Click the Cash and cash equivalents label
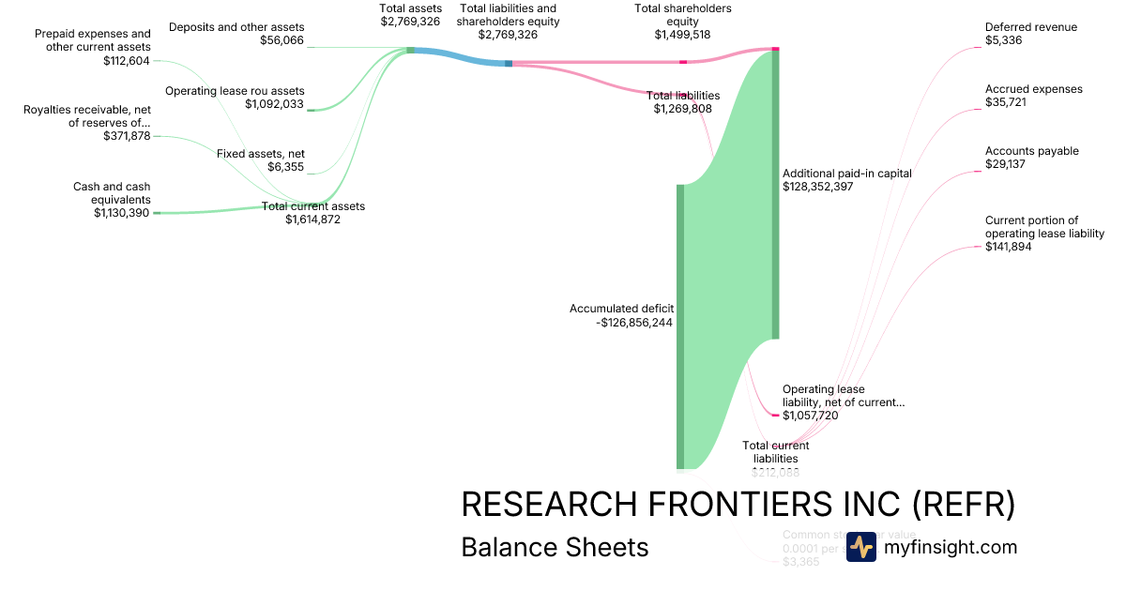click(x=112, y=193)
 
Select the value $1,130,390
click(x=121, y=213)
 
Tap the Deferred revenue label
click(x=1031, y=27)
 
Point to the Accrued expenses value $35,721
click(x=1006, y=102)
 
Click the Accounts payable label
click(x=1031, y=151)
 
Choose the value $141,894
click(x=1009, y=247)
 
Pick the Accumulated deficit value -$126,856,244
click(x=635, y=323)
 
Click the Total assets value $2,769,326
click(x=410, y=22)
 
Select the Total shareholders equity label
click(x=682, y=15)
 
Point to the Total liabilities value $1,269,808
click(x=682, y=109)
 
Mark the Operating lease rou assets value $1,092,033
click(x=274, y=104)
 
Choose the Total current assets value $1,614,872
click(x=312, y=220)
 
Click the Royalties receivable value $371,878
click(x=127, y=136)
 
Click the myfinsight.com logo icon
click(x=860, y=547)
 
